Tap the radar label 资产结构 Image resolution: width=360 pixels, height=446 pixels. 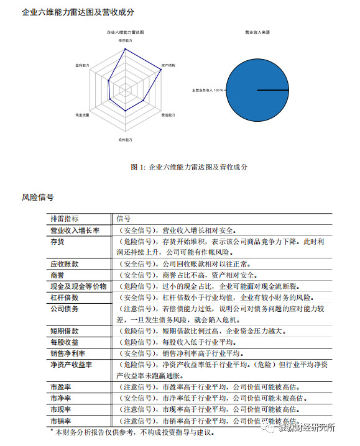point(168,65)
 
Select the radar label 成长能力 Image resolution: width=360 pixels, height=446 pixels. point(126,140)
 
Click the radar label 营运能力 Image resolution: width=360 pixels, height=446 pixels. point(168,116)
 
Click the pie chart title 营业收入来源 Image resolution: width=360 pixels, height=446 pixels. point(257,31)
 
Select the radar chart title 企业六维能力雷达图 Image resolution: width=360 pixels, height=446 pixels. point(126,31)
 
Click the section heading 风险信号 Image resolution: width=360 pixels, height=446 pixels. point(37,198)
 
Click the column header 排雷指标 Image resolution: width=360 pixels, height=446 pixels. point(65,219)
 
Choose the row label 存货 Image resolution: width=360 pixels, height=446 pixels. point(57,242)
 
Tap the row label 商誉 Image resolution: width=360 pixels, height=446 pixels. point(57,275)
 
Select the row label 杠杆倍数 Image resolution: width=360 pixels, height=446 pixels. point(65,298)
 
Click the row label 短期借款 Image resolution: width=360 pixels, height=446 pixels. point(65,331)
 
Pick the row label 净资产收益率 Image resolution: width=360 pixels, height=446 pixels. point(72,365)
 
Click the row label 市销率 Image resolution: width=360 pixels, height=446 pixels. point(61,421)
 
